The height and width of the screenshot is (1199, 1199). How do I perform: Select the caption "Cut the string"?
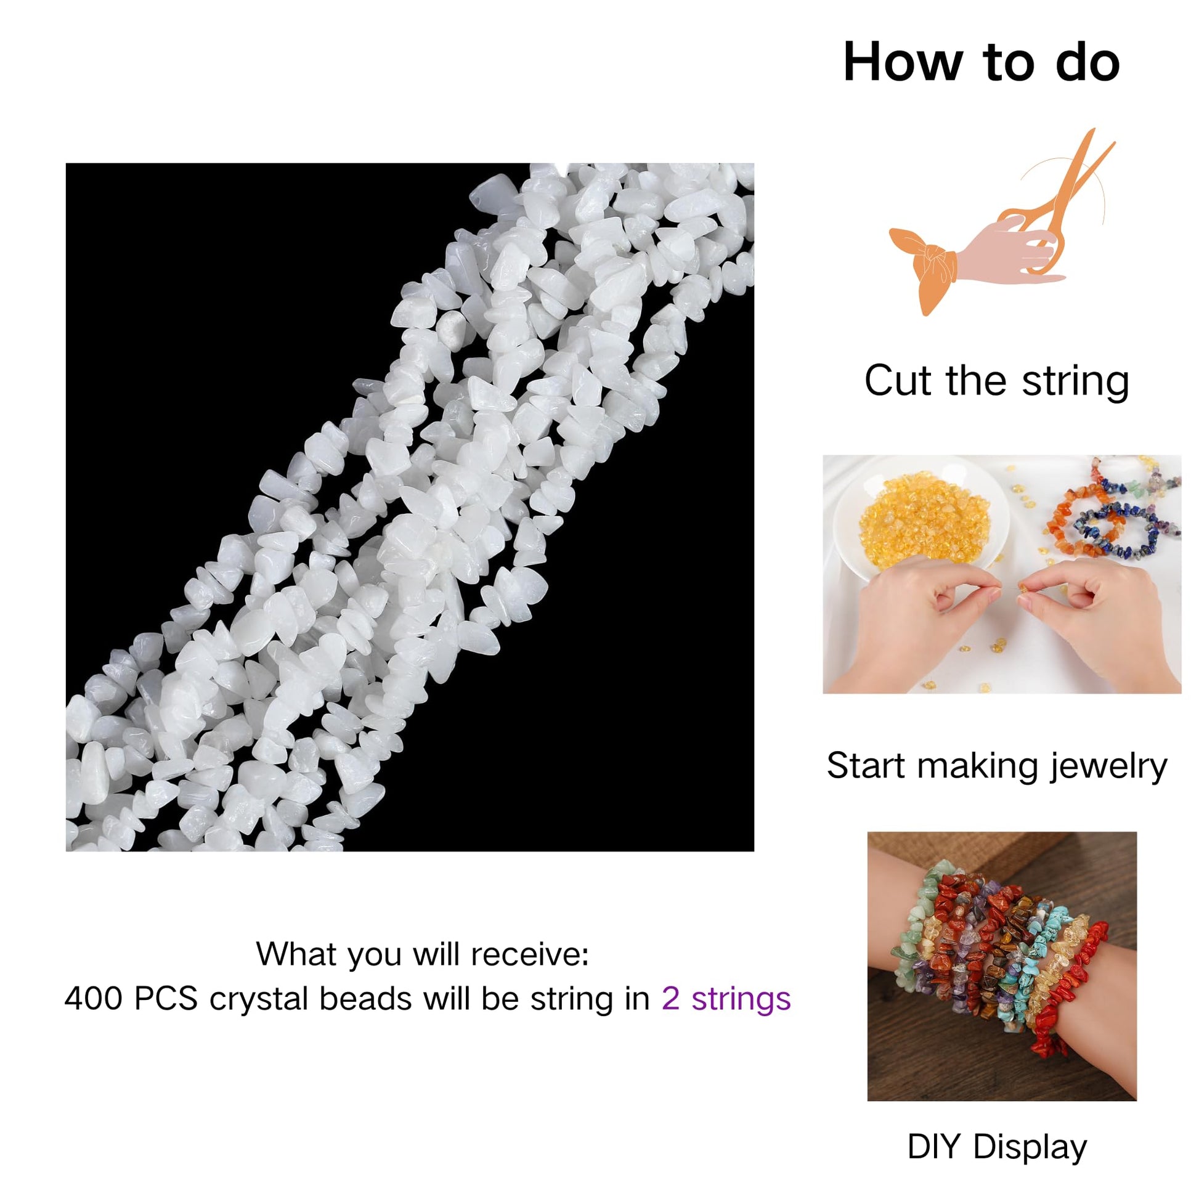(997, 380)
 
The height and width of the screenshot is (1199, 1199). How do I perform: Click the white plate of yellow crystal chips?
(921, 522)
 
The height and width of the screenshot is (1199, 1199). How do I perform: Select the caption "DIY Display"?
(997, 1147)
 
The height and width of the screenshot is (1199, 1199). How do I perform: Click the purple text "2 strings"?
(726, 999)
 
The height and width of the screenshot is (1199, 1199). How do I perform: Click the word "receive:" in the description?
(529, 954)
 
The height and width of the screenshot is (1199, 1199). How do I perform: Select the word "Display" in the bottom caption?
(1030, 1147)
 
